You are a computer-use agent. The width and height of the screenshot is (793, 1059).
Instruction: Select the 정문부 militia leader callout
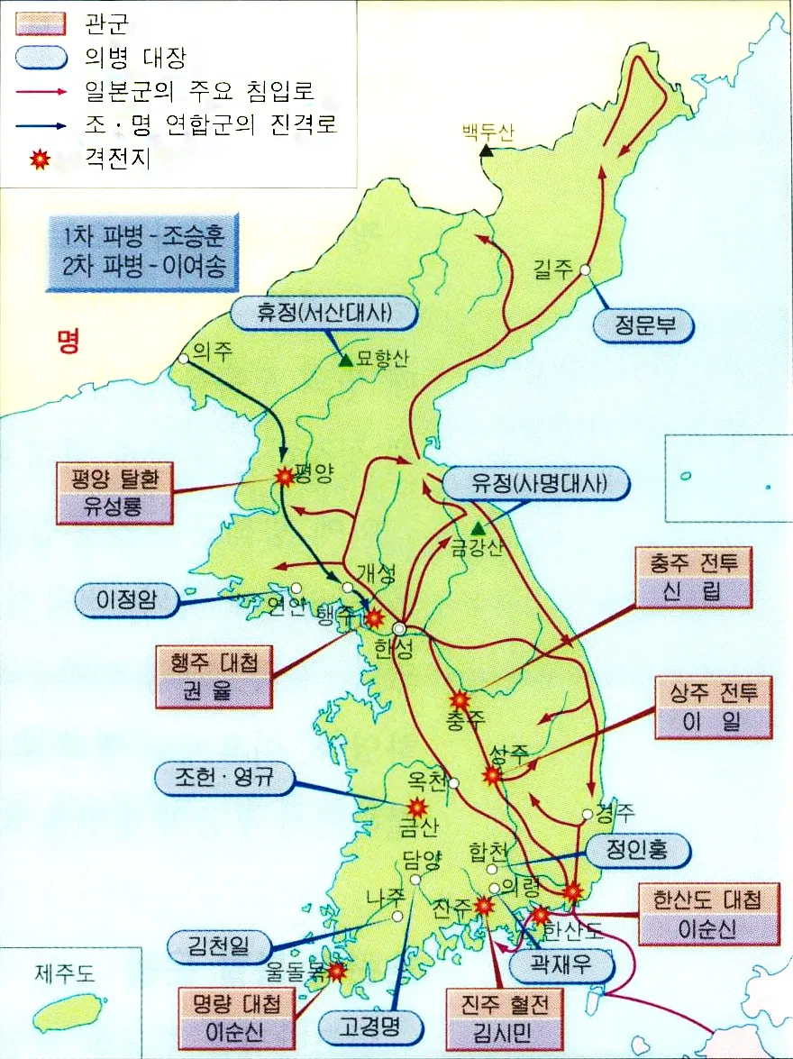point(643,326)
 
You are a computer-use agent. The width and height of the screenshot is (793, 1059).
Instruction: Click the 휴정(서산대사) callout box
point(325,313)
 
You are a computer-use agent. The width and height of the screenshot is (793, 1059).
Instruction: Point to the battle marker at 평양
point(285,477)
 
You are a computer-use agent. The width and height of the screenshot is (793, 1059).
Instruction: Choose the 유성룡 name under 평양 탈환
point(113,507)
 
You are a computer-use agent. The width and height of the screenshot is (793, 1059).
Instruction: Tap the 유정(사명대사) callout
point(537,483)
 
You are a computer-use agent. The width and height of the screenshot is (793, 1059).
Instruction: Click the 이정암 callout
point(125,601)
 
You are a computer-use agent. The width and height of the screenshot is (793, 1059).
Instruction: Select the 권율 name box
point(214,694)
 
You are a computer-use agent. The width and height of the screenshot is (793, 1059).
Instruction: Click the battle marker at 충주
point(460,699)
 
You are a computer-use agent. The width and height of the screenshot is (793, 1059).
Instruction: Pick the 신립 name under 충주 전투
point(693,591)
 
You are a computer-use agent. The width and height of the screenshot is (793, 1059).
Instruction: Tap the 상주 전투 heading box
point(715,692)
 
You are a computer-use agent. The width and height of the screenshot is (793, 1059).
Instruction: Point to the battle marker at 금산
point(417,807)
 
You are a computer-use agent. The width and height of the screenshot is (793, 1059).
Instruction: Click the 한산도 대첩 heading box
point(706,899)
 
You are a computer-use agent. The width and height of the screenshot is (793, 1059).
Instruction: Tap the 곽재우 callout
point(561,968)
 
